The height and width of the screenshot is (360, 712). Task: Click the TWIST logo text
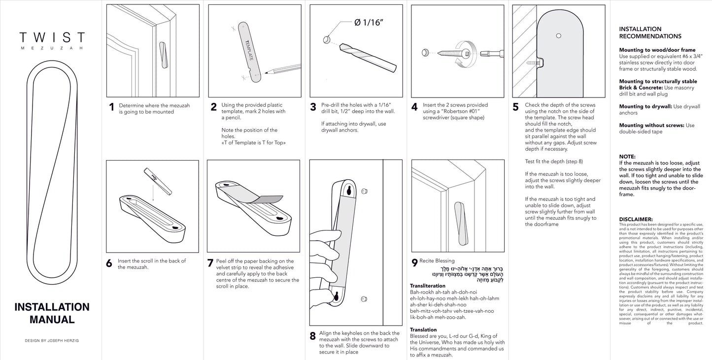tap(52, 38)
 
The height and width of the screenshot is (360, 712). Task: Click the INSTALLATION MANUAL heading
tap(52, 313)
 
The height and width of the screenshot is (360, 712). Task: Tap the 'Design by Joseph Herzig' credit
tap(52, 341)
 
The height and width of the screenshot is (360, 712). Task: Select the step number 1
tap(111, 107)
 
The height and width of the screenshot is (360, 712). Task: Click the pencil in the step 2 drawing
tap(283, 68)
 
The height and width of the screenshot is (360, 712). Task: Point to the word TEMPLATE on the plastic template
tap(249, 50)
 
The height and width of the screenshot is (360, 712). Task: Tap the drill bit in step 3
tap(368, 57)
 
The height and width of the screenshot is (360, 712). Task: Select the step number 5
tap(515, 107)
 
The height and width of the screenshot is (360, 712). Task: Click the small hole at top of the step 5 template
tap(558, 35)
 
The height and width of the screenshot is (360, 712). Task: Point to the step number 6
tap(109, 263)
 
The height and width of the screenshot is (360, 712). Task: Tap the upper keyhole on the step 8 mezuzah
tap(349, 190)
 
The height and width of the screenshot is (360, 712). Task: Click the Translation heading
tap(423, 330)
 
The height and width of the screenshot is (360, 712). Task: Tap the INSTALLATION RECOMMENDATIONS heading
tap(650, 33)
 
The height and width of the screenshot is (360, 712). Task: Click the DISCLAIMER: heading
tap(636, 219)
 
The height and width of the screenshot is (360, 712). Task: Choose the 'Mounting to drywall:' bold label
tap(645, 106)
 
